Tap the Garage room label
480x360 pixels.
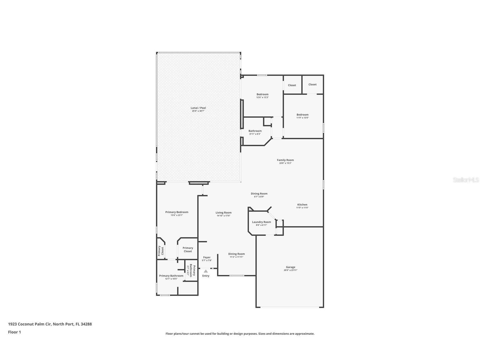click(x=290, y=267)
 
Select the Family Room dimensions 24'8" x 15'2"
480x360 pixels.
click(x=285, y=163)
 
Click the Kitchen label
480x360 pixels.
click(x=302, y=205)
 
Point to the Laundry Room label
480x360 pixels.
click(x=261, y=222)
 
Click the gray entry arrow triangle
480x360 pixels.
click(x=206, y=271)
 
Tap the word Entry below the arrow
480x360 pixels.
click(x=206, y=276)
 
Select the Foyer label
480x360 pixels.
click(x=207, y=257)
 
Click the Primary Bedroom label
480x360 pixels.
click(x=177, y=212)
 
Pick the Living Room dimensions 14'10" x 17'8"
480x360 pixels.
click(x=223, y=216)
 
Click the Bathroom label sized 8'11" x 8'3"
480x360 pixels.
click(x=255, y=131)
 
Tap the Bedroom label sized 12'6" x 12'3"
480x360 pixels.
click(x=262, y=94)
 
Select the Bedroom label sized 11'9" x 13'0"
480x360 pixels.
click(x=302, y=115)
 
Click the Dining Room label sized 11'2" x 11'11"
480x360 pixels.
click(x=236, y=254)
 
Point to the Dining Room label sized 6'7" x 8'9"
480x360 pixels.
click(x=259, y=194)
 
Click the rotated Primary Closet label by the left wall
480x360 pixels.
click(x=161, y=251)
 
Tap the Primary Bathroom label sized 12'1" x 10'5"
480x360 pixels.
click(x=171, y=276)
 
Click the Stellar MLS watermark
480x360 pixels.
click(x=466, y=180)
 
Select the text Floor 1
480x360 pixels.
click(x=14, y=332)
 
